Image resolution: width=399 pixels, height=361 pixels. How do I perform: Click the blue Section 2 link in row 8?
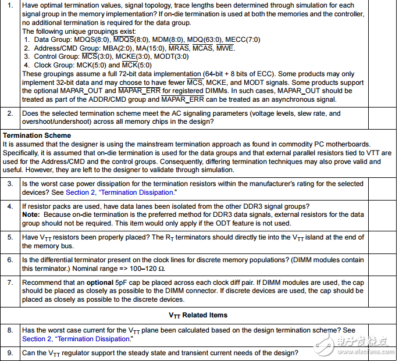pos(76,339)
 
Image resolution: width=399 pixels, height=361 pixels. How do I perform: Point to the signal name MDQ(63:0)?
pos(204,40)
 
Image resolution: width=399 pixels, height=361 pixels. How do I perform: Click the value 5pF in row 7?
pos(120,283)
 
